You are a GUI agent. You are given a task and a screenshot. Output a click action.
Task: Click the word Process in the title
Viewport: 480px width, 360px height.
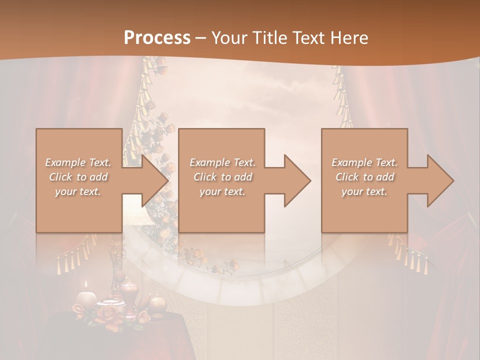point(157,38)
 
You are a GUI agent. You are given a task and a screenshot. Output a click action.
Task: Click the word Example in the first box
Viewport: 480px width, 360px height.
point(65,162)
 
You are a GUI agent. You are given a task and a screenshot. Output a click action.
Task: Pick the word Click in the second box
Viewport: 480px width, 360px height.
point(205,177)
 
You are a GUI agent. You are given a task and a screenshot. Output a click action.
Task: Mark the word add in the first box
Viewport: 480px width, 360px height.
point(99,177)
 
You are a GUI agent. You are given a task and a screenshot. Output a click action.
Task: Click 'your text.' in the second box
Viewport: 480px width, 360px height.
point(222,191)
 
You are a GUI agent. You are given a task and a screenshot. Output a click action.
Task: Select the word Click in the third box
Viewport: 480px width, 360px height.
point(347,177)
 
